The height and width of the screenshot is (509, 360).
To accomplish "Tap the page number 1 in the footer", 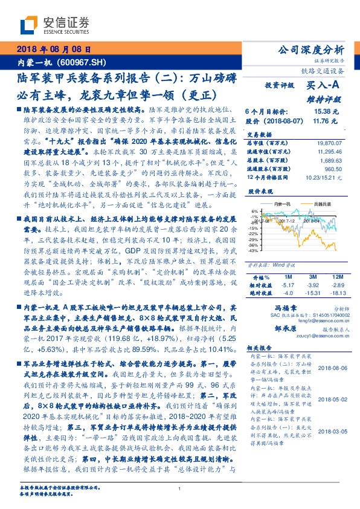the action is (x=179, y=489).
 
